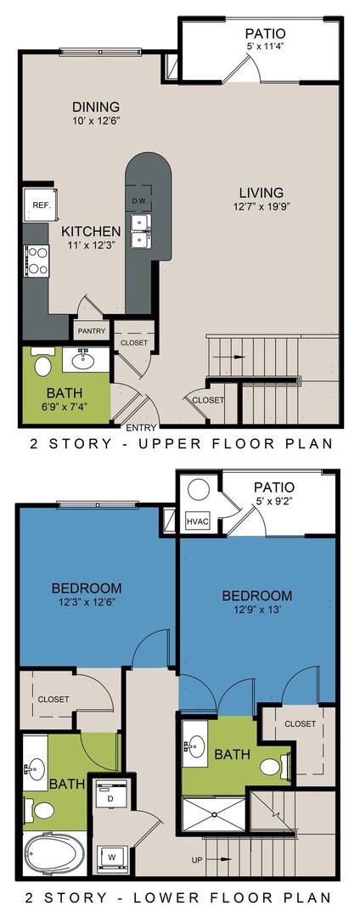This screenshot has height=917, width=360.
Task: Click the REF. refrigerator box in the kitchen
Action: (41, 205)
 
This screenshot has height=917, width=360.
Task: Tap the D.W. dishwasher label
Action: (140, 201)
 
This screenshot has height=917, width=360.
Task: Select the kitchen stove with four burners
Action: (37, 257)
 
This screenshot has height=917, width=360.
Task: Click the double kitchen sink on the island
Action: (141, 230)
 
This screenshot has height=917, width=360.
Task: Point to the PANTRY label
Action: (92, 331)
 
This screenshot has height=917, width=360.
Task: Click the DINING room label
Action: (95, 107)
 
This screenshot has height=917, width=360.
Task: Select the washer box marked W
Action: (110, 855)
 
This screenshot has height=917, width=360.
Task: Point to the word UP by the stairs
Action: (198, 860)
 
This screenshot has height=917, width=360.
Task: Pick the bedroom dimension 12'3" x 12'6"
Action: (86, 603)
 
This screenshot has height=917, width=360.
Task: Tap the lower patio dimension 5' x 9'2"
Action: (272, 503)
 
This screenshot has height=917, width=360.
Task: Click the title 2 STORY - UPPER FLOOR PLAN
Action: (180, 444)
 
